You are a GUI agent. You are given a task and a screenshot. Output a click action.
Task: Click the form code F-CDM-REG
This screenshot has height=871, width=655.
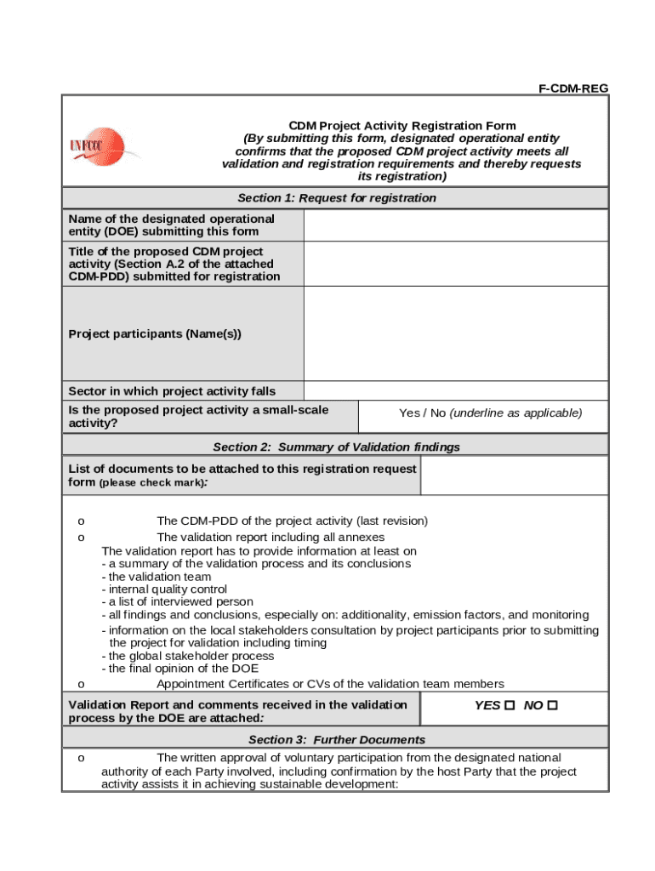[x=573, y=88]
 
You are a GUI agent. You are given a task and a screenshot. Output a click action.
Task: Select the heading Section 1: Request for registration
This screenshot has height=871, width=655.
[x=336, y=198]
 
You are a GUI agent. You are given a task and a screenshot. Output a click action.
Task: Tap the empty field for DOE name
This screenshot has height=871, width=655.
[x=455, y=225]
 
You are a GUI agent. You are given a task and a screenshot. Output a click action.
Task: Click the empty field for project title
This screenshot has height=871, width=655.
[x=455, y=264]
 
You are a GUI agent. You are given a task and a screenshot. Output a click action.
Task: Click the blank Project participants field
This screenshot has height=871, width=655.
[x=455, y=333]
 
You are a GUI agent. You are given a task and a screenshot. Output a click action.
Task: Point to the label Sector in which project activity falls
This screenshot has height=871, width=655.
[x=172, y=391]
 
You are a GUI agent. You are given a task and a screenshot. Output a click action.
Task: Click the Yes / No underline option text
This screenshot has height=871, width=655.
[x=490, y=413]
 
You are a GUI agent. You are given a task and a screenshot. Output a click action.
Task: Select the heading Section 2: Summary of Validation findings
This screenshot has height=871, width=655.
[x=336, y=447]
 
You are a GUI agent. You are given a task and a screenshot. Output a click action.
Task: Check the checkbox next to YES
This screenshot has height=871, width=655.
[x=510, y=705]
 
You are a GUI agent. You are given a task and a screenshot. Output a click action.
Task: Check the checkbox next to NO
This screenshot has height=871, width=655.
[x=553, y=705]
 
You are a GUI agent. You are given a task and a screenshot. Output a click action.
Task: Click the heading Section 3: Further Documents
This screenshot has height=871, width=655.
[x=336, y=739]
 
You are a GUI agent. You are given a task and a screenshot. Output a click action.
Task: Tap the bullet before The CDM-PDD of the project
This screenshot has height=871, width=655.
[x=81, y=521]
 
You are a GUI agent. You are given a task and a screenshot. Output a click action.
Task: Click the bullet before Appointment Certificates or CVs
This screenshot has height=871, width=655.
[x=81, y=685]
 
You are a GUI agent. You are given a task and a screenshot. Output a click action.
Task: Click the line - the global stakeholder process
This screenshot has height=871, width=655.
[x=187, y=656]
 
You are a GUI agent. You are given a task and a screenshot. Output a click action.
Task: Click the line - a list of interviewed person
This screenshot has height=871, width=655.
[x=177, y=601]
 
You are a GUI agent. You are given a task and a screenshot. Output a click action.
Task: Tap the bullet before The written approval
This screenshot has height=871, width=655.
[x=81, y=758]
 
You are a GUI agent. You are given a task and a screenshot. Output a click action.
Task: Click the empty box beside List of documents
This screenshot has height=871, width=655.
[x=515, y=476]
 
